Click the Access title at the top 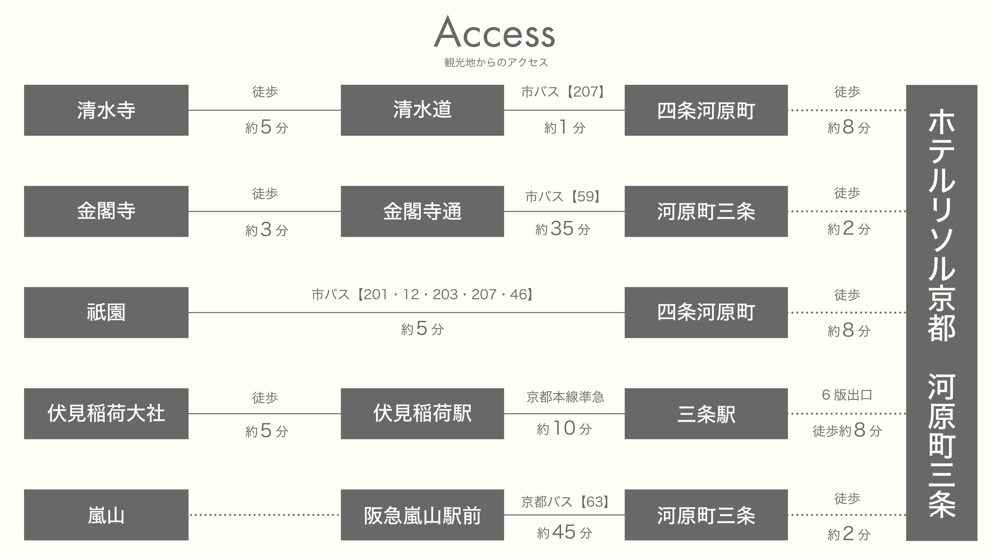[494, 32]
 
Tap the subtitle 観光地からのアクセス [496, 62]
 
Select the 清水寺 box [106, 110]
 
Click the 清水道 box [422, 110]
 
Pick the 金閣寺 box [106, 211]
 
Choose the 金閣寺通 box [422, 211]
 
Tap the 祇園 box [106, 312]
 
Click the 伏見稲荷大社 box [106, 413]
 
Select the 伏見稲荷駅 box [422, 413]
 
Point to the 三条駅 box [706, 413]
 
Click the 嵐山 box [106, 515]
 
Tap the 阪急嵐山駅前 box [422, 515]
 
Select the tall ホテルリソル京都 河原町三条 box [941, 312]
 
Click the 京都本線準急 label [565, 397]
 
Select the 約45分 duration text [564, 532]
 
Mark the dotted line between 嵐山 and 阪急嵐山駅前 [264, 515]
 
